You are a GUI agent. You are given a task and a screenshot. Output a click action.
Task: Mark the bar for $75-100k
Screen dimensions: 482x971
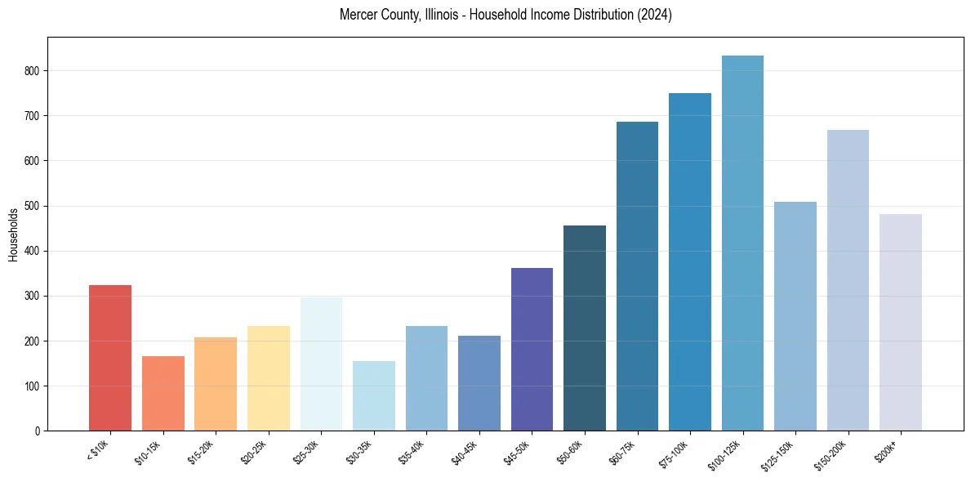pyautogui.click(x=690, y=261)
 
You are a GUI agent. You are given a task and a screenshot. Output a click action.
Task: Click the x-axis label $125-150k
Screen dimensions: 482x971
pyautogui.click(x=779, y=453)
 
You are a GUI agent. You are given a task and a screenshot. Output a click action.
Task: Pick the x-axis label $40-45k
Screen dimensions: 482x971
pyautogui.click(x=465, y=451)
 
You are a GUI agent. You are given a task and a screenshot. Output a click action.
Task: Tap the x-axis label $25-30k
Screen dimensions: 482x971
pyautogui.click(x=306, y=451)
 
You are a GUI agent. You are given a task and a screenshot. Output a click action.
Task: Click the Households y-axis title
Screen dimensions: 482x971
pyautogui.click(x=14, y=234)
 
